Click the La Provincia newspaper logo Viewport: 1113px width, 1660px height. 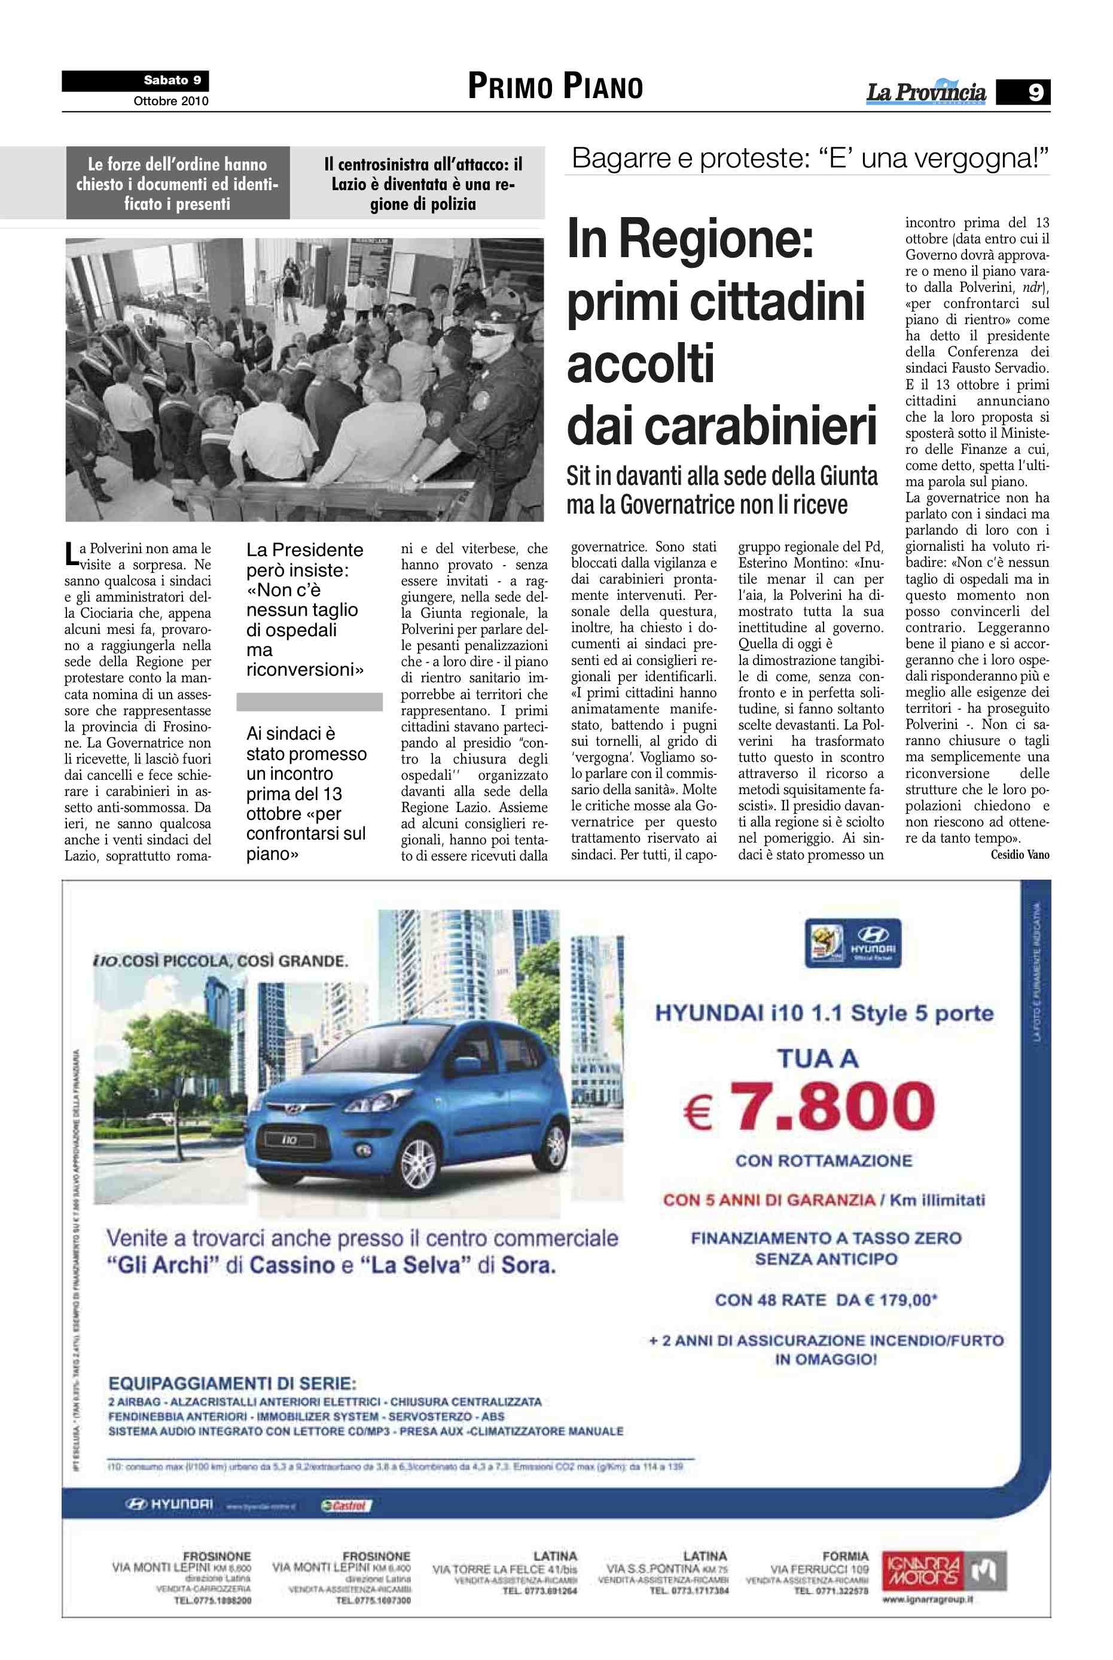pos(926,92)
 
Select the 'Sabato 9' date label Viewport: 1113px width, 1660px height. pos(172,80)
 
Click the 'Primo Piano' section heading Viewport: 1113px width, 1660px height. pos(555,87)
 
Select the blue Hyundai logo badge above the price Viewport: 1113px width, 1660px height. pos(853,942)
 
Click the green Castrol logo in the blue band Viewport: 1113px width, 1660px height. pos(346,1505)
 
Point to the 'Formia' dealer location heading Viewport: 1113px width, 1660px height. pos(846,1556)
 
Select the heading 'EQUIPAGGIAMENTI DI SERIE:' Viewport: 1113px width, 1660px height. pos(232,1383)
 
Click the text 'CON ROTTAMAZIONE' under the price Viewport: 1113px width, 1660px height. pos(824,1161)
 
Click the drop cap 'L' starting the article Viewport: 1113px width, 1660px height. pos(71,554)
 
